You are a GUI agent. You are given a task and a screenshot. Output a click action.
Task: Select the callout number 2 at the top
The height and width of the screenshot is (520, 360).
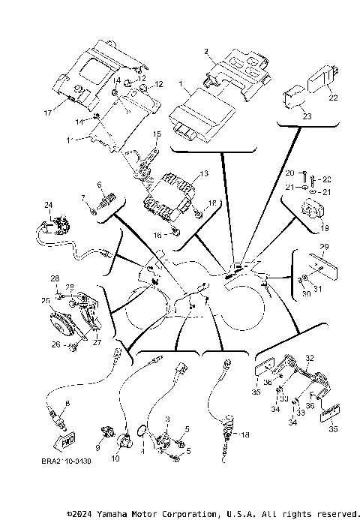pos(206,51)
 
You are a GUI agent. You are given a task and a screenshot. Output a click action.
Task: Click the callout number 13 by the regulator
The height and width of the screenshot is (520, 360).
pos(196,173)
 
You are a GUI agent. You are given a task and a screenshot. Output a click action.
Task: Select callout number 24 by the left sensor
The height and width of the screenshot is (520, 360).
pos(48,205)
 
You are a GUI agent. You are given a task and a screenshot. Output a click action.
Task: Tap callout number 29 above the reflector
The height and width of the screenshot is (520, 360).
pos(324,247)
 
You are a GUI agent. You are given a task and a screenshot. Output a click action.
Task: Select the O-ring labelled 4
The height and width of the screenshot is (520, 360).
pos(140,431)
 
